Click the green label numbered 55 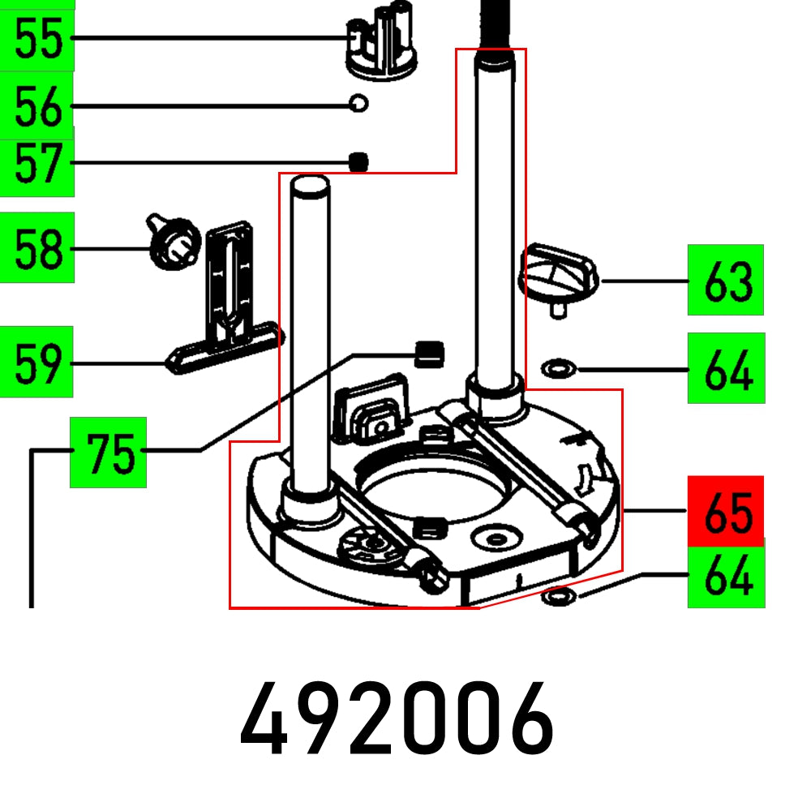point(37,38)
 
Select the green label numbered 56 point(37,106)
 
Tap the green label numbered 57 point(37,165)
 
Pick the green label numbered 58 point(37,247)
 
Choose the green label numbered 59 point(37,363)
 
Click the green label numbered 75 point(108,453)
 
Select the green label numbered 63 point(726,281)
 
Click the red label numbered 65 point(726,511)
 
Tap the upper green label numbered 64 point(726,369)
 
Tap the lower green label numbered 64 point(726,577)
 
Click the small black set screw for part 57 point(358,162)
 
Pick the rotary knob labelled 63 point(557,277)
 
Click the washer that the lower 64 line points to point(557,599)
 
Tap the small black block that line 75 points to point(431,353)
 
